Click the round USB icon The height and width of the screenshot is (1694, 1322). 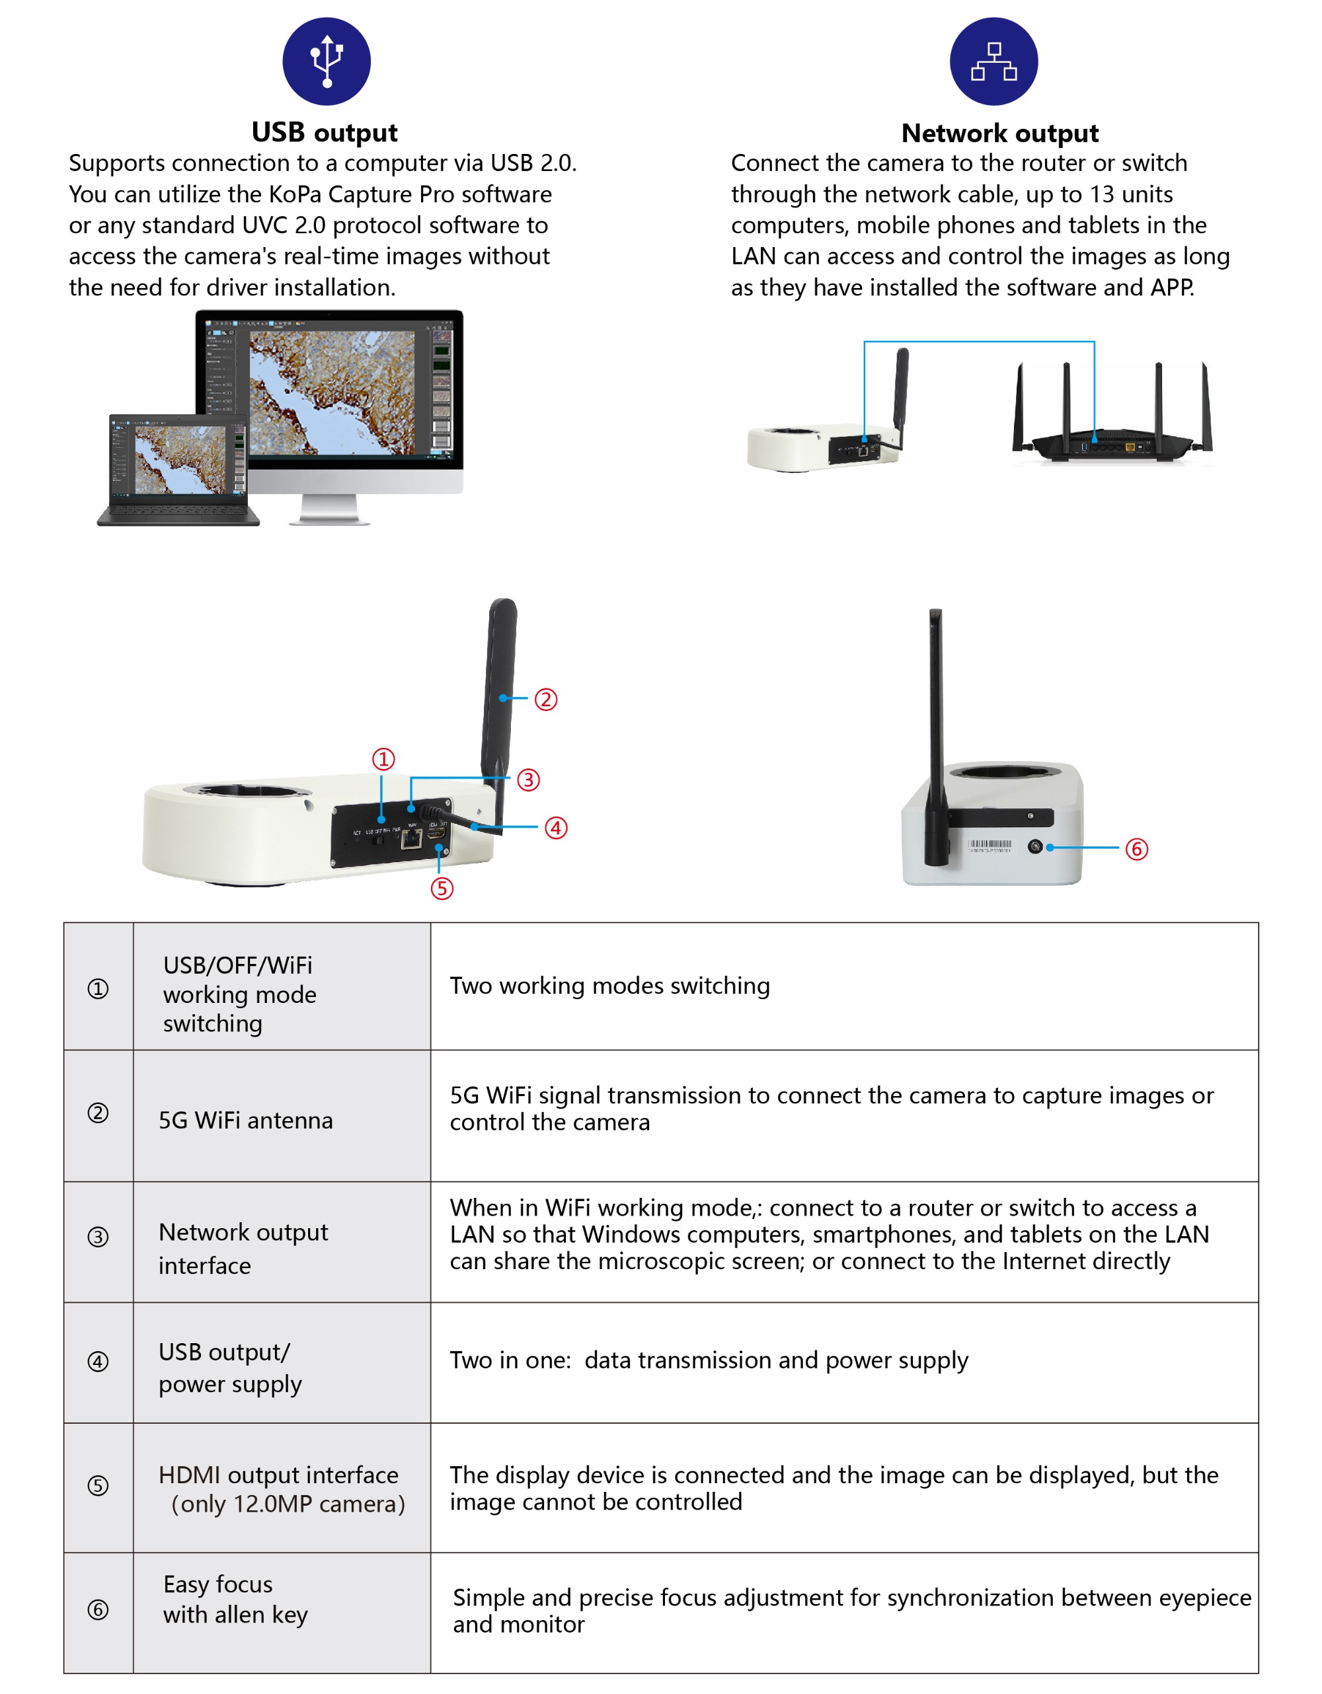click(326, 61)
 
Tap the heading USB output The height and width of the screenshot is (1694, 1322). click(325, 133)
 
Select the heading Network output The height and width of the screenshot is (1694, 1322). click(999, 133)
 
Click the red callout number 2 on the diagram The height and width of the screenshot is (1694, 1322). click(545, 699)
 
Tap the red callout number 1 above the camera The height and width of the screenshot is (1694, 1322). click(383, 758)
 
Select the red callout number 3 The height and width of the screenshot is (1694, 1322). click(528, 780)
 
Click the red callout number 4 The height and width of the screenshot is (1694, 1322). click(555, 828)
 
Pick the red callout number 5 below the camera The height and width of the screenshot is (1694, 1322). click(442, 888)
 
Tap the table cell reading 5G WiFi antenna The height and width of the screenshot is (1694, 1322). click(245, 1120)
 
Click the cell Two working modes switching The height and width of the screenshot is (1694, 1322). click(610, 985)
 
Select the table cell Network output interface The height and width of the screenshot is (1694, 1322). click(243, 1248)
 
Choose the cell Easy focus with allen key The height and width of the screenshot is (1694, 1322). click(235, 1599)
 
